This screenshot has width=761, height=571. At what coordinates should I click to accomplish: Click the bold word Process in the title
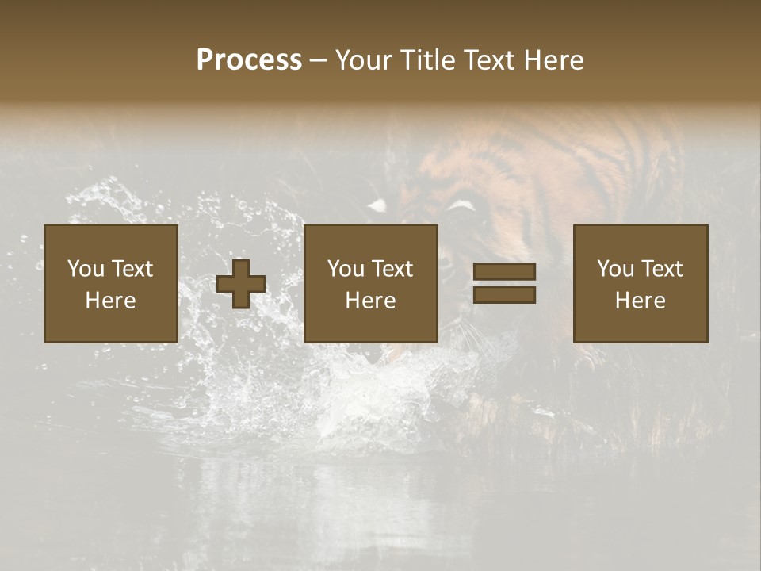coord(249,60)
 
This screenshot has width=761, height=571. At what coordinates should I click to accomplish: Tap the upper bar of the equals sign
coord(504,271)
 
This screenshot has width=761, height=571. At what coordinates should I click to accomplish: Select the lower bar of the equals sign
coord(504,295)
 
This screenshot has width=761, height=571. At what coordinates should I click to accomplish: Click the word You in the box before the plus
coord(86,269)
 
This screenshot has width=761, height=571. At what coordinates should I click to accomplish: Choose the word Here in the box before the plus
coord(110,301)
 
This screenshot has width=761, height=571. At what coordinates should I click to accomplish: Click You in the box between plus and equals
coord(346,269)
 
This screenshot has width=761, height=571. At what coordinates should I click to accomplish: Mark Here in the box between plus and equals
coord(370,301)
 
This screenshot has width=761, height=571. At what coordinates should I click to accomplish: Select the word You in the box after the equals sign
coord(615,269)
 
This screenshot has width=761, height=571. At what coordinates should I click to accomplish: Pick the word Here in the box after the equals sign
coord(640,301)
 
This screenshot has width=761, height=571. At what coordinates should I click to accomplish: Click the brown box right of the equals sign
coord(641,325)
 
